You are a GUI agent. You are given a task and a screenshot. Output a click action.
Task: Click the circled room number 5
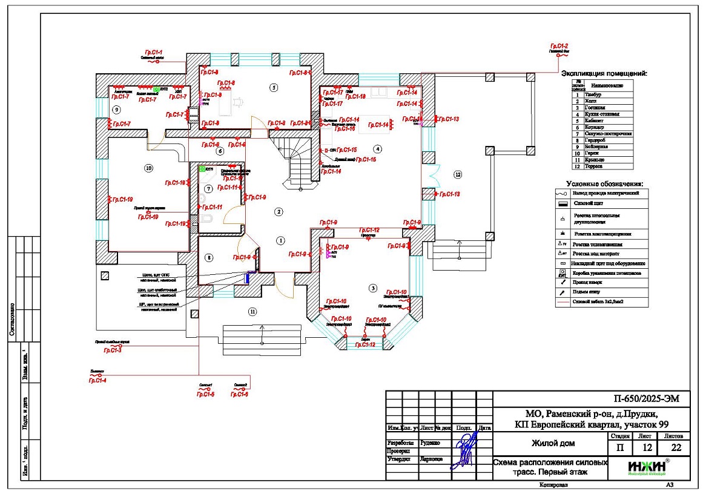pos(274,88)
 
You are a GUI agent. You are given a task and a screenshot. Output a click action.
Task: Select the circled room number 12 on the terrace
pos(458,175)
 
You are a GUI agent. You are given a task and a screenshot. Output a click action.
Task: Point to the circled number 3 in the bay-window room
pos(373,288)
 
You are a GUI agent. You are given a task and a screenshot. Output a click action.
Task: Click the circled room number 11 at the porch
pos(252,312)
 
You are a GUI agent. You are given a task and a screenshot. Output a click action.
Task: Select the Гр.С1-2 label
pos(559,47)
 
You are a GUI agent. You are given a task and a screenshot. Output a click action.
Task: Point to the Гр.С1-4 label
pos(97,380)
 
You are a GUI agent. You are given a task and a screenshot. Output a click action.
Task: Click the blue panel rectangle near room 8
pos(248,278)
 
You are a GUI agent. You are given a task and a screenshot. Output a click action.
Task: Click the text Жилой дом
pos(553,443)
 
